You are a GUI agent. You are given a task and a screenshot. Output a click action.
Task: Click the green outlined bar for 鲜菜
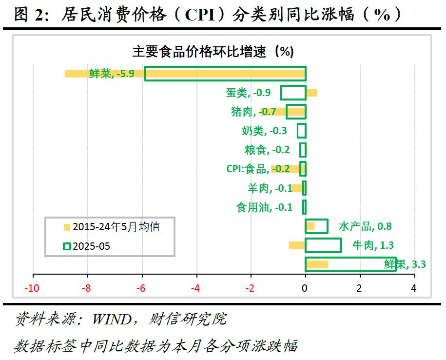[x=225, y=74]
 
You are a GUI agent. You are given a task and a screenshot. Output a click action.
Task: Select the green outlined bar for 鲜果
[x=350, y=264]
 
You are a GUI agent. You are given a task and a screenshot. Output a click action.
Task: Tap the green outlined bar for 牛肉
[x=323, y=245]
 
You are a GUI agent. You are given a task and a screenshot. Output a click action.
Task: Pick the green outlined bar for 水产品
[x=316, y=226]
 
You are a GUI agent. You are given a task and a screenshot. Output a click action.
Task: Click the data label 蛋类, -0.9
[x=252, y=93]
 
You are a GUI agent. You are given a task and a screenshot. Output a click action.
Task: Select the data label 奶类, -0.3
[x=264, y=131]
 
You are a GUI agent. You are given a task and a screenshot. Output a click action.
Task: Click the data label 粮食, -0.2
[x=267, y=150]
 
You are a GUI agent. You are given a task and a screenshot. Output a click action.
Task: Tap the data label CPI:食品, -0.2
[x=258, y=169]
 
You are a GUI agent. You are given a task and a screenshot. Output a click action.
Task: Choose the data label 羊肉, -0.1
[x=270, y=188]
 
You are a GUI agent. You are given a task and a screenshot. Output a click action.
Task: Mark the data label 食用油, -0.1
[x=264, y=207]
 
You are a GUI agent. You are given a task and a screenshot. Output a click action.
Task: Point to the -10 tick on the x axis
[x=33, y=288]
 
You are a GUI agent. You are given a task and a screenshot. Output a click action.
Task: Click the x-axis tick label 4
[x=414, y=288]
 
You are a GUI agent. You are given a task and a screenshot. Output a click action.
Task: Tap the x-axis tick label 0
[x=305, y=288]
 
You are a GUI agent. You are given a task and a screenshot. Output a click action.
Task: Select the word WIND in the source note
[x=112, y=320]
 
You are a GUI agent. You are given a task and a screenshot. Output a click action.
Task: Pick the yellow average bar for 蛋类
[x=312, y=93]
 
